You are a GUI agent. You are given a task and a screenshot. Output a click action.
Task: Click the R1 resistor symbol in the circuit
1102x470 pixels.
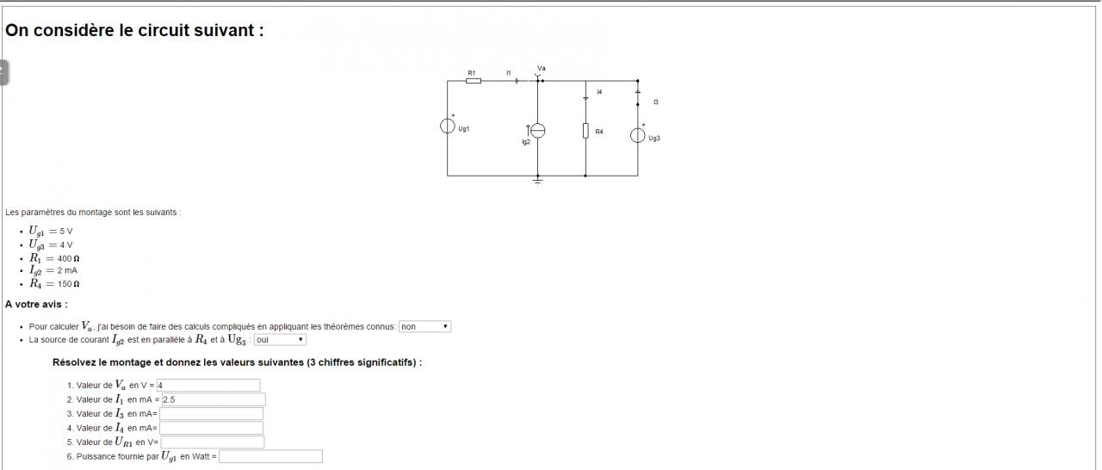click(x=474, y=81)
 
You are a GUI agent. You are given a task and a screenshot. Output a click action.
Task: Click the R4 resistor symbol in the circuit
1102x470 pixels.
click(x=585, y=131)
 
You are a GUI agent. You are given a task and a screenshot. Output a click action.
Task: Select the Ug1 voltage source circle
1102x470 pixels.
click(x=448, y=127)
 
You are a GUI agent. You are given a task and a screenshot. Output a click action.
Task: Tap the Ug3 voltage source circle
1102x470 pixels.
click(x=638, y=135)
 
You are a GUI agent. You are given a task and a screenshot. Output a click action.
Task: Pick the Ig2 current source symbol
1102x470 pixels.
click(x=537, y=131)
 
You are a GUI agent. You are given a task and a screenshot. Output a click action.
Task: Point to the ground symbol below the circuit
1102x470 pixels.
click(x=537, y=181)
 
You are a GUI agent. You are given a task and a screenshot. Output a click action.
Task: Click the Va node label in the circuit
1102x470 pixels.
click(x=541, y=68)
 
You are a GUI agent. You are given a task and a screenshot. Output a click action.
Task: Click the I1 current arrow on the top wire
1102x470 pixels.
click(x=517, y=81)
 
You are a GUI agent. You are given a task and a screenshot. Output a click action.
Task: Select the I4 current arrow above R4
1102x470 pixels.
click(x=585, y=97)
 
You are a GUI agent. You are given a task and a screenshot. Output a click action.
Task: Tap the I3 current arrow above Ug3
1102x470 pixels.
click(x=638, y=91)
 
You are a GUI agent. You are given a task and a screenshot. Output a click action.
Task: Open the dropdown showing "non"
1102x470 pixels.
click(x=424, y=327)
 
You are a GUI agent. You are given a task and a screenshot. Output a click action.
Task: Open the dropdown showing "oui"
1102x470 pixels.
click(x=280, y=340)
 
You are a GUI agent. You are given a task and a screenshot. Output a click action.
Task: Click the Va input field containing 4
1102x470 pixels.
click(x=208, y=386)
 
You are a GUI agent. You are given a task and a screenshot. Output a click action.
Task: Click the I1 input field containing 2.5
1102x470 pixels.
click(x=214, y=399)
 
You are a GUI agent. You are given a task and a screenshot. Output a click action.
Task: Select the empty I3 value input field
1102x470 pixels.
click(x=211, y=414)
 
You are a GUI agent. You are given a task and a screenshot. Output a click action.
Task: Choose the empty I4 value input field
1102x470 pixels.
click(x=211, y=428)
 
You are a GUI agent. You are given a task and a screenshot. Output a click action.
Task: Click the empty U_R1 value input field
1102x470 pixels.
click(x=212, y=442)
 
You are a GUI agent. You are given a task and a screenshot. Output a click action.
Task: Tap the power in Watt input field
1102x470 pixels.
click(x=270, y=456)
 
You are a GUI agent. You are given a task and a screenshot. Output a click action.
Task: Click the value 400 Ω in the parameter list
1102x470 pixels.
click(x=69, y=258)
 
